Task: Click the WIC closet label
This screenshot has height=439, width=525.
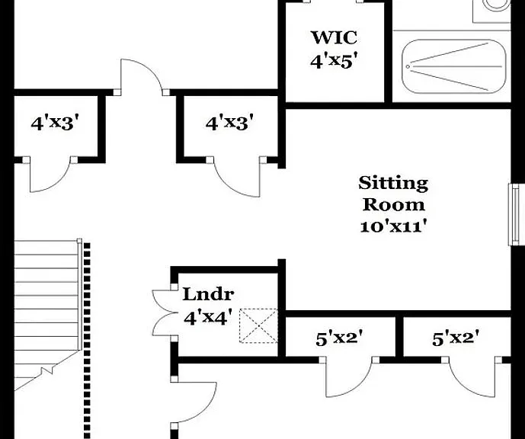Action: click(x=334, y=37)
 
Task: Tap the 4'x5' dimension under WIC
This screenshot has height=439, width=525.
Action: click(x=332, y=62)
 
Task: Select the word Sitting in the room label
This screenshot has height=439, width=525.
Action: click(x=393, y=183)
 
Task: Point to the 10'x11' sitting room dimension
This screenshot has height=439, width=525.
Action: click(x=395, y=226)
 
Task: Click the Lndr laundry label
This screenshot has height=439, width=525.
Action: click(x=208, y=294)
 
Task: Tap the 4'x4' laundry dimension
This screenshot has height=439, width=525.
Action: click(x=208, y=317)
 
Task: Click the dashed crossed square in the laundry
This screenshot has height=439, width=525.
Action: click(x=258, y=325)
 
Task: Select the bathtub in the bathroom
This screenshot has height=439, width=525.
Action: click(x=454, y=66)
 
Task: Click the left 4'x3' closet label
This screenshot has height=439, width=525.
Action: click(x=56, y=123)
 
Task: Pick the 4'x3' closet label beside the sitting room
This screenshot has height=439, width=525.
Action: click(x=229, y=122)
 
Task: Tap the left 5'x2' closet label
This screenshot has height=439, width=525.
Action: click(x=340, y=339)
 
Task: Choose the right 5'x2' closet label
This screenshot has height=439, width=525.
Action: click(x=456, y=338)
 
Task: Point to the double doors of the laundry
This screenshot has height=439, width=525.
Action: click(x=164, y=312)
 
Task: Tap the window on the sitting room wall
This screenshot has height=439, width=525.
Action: click(x=514, y=214)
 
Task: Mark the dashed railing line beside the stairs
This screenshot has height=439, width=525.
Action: click(x=87, y=341)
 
